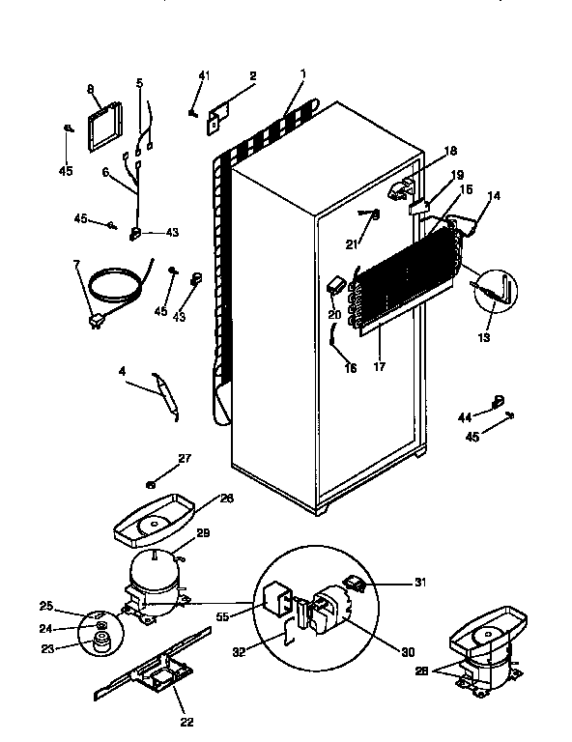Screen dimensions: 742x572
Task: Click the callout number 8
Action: pos(91,90)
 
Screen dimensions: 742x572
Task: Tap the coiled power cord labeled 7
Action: pos(114,286)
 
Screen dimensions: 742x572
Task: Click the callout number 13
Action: pos(484,337)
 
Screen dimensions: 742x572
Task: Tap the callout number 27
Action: pos(184,459)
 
